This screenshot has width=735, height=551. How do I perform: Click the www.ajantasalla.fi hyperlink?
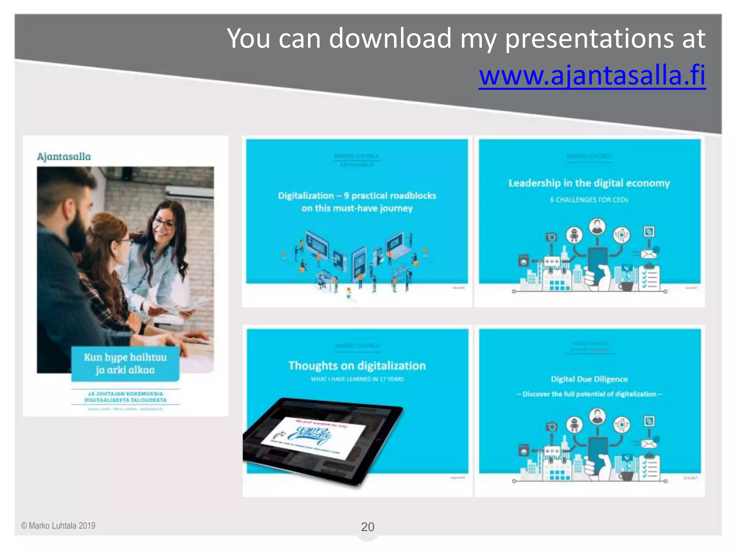pyautogui.click(x=592, y=75)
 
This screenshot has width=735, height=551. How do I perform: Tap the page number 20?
pyautogui.click(x=367, y=527)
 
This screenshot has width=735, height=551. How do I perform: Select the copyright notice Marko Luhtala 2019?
pyautogui.click(x=58, y=526)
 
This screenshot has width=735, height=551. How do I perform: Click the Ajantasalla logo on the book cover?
pyautogui.click(x=64, y=157)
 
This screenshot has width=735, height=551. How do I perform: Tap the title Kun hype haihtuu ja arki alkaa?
pyautogui.click(x=125, y=363)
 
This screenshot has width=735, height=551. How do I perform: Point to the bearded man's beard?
pyautogui.click(x=77, y=233)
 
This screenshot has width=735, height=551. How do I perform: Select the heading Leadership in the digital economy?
pyautogui.click(x=589, y=183)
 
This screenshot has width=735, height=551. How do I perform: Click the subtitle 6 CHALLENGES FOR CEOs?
pyautogui.click(x=589, y=200)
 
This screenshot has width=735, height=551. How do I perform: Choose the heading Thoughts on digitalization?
pyautogui.click(x=357, y=366)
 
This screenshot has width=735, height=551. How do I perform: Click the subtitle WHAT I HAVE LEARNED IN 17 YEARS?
pyautogui.click(x=357, y=379)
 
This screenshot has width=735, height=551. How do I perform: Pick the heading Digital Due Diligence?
pyautogui.click(x=589, y=379)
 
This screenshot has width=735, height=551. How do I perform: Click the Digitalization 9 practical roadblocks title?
pyautogui.click(x=357, y=202)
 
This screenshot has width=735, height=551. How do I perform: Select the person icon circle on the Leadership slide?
pyautogui.click(x=597, y=227)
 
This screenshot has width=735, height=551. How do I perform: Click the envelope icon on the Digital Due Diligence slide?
pyautogui.click(x=649, y=444)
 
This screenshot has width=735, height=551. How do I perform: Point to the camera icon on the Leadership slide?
pyautogui.click(x=552, y=237)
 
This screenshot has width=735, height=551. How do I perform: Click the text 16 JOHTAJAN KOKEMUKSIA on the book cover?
pyautogui.click(x=125, y=394)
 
